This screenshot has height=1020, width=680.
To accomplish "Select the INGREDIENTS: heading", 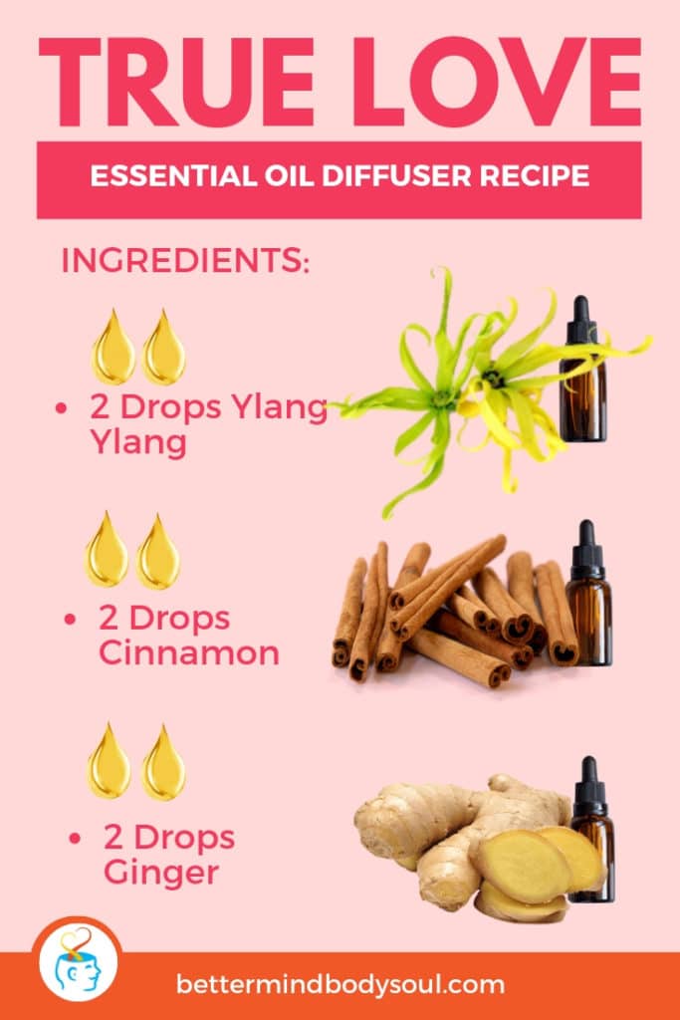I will tap(185, 262).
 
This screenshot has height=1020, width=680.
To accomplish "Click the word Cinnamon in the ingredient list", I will tap(188, 653).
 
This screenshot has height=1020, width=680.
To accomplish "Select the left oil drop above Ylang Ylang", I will tap(113, 349).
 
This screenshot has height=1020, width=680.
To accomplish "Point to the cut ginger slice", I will tap(527, 868).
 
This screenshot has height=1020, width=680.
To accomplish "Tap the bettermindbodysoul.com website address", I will tap(340, 985).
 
